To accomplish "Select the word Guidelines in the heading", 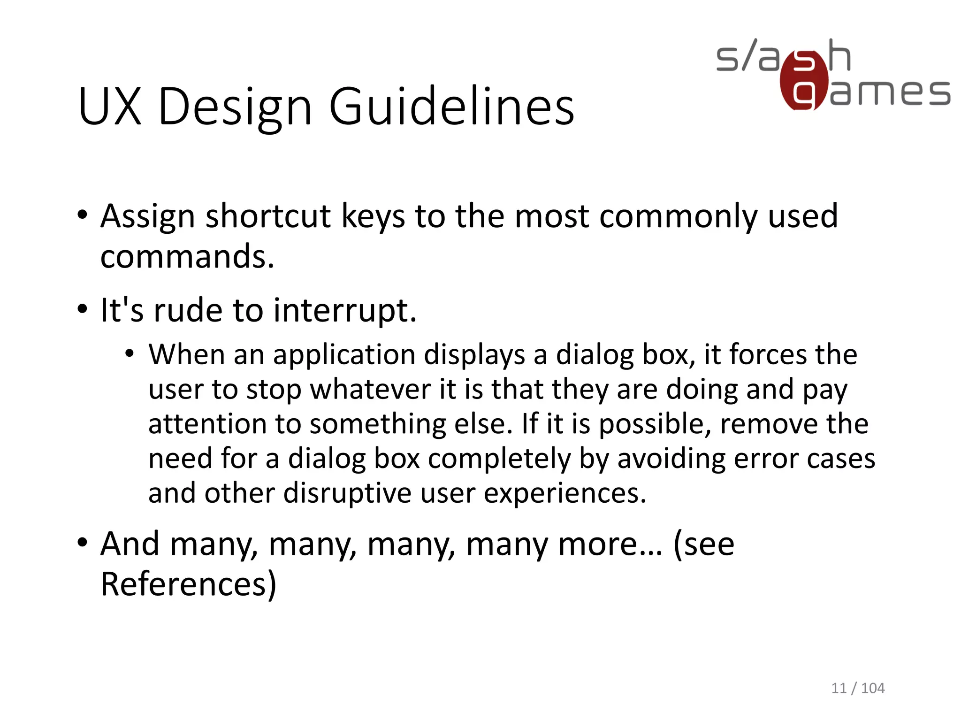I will (x=451, y=107).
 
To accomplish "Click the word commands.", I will (x=187, y=257).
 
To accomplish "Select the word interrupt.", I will (x=345, y=311).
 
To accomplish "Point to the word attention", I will (x=207, y=424).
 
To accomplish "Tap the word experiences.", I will (x=565, y=494).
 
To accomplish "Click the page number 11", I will (x=839, y=688).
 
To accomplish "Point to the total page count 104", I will (x=873, y=688).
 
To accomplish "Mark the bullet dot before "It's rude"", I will (x=83, y=309).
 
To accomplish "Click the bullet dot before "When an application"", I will (x=130, y=353).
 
